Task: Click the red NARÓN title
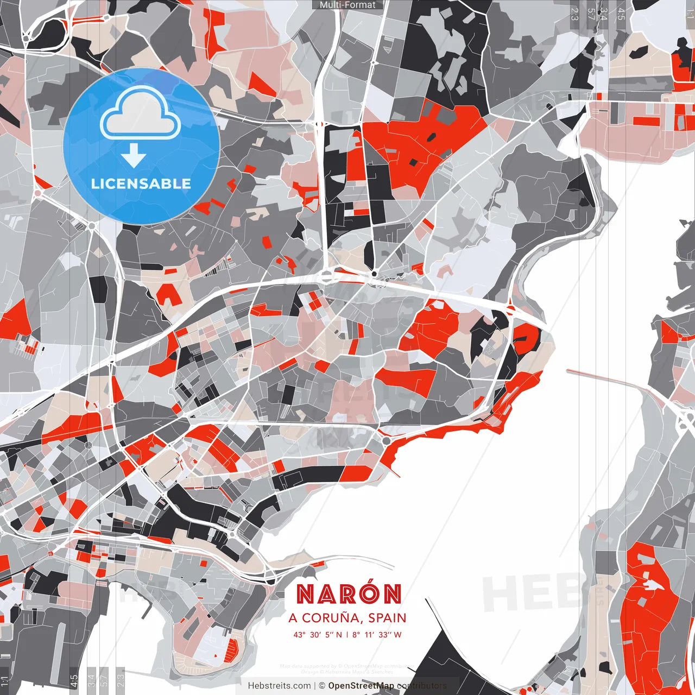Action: point(349,595)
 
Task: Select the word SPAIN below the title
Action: point(387,618)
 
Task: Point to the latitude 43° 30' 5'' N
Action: point(318,635)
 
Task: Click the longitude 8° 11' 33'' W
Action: point(377,635)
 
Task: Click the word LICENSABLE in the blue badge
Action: point(141,184)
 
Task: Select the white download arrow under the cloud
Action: point(134,155)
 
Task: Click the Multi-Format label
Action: point(347,5)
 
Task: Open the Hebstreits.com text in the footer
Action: point(279,686)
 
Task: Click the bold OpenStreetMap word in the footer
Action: point(361,686)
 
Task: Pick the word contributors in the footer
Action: point(422,686)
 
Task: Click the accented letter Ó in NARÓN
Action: point(370,593)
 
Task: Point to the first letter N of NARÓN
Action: point(305,595)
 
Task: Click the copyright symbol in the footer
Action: point(321,686)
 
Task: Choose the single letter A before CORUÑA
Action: point(293,618)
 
